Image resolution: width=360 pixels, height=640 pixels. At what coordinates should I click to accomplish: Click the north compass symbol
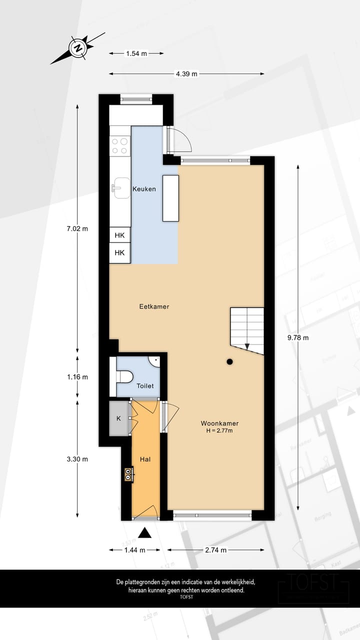(x=78, y=48)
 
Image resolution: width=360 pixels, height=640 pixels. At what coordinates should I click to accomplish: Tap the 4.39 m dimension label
(x=186, y=74)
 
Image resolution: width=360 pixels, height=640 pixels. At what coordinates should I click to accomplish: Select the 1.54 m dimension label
(x=136, y=53)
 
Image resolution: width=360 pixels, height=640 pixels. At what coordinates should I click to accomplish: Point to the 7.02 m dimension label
(x=77, y=229)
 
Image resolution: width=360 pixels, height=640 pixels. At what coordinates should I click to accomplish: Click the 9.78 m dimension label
(x=298, y=337)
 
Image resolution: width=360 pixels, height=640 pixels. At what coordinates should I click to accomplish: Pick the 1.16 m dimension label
(x=77, y=377)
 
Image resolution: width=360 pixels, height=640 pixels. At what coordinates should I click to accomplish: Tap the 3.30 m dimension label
(x=77, y=459)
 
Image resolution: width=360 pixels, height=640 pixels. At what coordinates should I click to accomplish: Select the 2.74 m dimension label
(x=216, y=550)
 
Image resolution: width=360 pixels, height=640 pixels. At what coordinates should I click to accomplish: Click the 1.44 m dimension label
(x=134, y=550)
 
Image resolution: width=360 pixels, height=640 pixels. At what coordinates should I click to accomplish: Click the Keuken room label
(x=144, y=189)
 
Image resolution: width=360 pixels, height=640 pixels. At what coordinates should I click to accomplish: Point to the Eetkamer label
(x=154, y=306)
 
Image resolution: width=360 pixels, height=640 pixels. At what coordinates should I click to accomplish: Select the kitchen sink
(x=120, y=188)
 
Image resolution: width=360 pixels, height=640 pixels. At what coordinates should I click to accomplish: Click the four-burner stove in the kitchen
(x=120, y=145)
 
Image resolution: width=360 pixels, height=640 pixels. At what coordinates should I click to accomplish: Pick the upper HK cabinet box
(x=120, y=235)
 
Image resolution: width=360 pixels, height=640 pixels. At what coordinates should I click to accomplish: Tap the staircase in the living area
(x=247, y=327)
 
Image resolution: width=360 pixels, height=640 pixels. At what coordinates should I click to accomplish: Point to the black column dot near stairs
(x=229, y=361)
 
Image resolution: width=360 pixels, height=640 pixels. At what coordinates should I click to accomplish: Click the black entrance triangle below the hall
(x=144, y=533)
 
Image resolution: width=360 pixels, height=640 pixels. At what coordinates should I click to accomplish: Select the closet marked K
(x=119, y=418)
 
